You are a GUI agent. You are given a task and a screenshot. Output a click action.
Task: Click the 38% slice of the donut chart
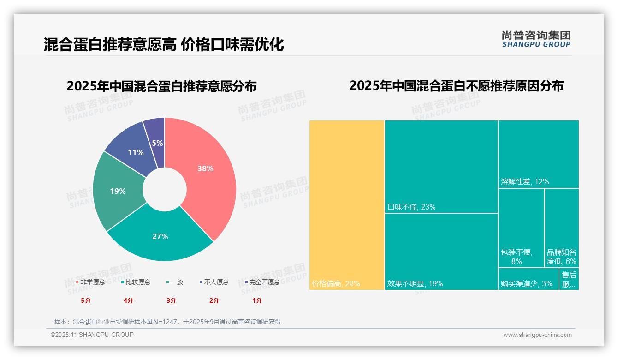click(205, 168)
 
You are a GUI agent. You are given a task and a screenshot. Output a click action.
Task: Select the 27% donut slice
click(160, 236)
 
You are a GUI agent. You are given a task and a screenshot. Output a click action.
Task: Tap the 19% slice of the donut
click(118, 191)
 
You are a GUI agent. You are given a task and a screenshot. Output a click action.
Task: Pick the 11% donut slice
click(136, 152)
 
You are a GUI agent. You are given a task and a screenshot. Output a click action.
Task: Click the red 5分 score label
click(86, 300)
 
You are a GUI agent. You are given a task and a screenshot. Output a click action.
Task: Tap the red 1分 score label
click(257, 300)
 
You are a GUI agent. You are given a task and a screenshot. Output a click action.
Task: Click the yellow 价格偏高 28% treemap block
click(347, 205)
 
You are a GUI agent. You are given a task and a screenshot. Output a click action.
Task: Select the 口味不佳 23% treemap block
click(441, 167)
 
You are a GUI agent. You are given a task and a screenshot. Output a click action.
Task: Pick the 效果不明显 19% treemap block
click(441, 252)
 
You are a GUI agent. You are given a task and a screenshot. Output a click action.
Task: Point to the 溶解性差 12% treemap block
click(538, 154)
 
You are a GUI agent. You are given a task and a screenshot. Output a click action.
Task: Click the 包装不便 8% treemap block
click(521, 228)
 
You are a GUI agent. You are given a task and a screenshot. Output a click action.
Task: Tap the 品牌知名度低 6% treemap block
click(562, 228)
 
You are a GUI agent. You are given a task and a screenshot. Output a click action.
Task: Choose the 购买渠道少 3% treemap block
click(528, 279)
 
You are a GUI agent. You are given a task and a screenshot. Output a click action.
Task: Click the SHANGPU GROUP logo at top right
click(536, 39)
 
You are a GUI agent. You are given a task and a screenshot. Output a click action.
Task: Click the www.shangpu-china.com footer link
click(537, 335)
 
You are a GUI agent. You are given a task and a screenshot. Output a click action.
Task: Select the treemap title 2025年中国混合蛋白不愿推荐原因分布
click(456, 86)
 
